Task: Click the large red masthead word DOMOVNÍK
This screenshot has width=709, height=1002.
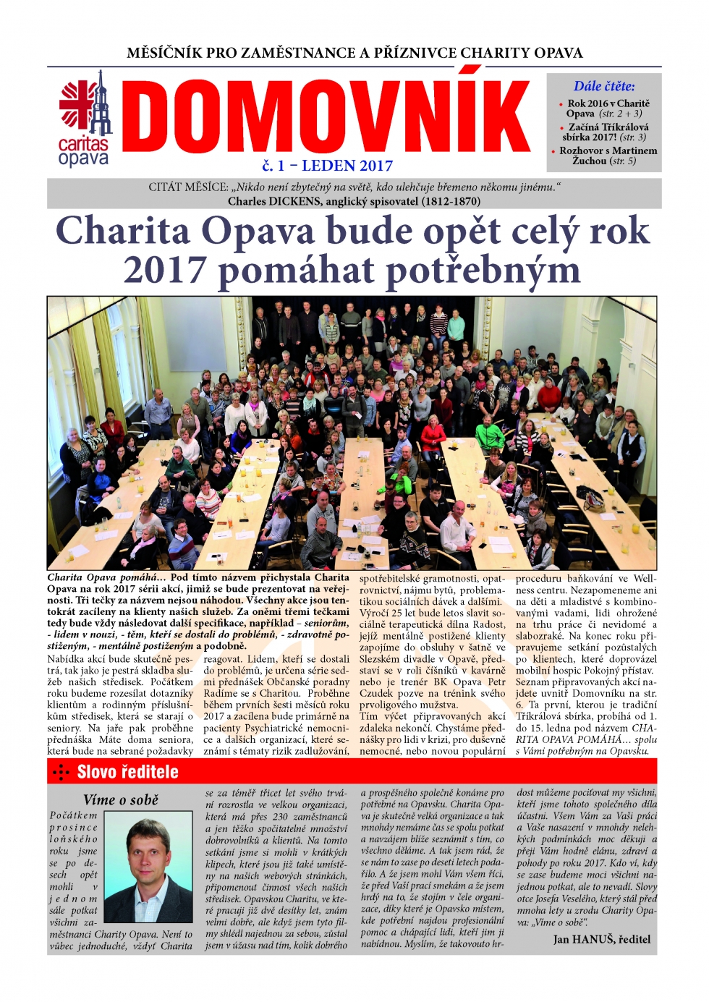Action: coord(326,117)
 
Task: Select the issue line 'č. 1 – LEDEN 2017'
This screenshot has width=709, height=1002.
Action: coord(328,166)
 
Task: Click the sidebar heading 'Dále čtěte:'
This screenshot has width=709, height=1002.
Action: coord(604,86)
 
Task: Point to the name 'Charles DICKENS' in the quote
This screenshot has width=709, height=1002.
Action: coord(275,201)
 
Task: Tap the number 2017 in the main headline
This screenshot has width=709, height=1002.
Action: coord(165,271)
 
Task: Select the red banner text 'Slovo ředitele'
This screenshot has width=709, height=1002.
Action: coord(128,772)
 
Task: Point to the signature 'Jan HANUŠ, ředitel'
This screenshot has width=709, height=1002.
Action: coord(602,939)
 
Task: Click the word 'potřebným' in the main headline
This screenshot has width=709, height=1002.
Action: coord(483,271)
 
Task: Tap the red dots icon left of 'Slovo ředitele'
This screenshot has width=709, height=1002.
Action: coord(61,773)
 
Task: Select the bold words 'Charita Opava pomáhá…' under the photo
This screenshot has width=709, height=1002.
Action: coord(107,577)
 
